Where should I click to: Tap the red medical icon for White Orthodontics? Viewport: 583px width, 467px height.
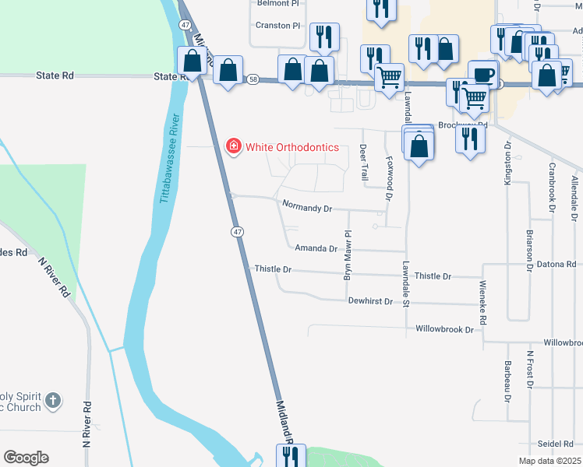tap(232, 146)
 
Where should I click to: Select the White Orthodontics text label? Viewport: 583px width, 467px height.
tap(292, 147)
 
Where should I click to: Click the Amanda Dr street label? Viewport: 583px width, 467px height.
tap(316, 249)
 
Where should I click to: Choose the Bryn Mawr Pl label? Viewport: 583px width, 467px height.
tap(348, 255)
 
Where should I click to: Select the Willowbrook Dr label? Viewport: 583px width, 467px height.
tap(444, 329)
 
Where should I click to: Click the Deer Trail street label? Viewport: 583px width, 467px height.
tap(364, 163)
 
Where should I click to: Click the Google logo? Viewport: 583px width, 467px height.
tap(26, 458)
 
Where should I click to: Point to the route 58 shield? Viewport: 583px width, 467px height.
tap(253, 79)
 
